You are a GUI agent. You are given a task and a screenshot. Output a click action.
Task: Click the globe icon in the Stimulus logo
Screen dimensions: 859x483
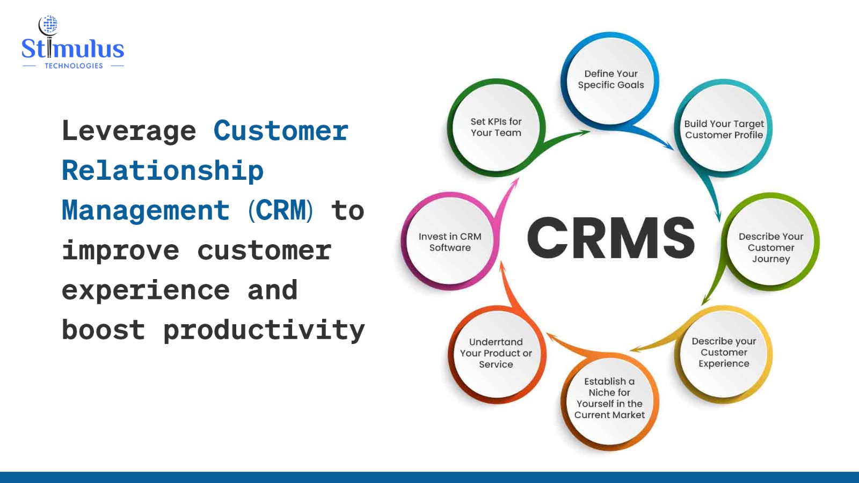tap(49, 24)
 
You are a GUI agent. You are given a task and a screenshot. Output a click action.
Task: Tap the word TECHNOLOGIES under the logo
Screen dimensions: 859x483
tap(74, 66)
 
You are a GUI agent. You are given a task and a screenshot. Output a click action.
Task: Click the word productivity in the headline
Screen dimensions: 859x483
tap(264, 331)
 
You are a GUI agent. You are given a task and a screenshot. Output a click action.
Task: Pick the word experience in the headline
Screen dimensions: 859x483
tap(145, 290)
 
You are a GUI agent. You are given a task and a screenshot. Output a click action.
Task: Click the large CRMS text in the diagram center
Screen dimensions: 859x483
tap(610, 238)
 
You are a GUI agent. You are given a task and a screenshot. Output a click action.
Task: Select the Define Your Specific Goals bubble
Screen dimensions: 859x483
tap(610, 79)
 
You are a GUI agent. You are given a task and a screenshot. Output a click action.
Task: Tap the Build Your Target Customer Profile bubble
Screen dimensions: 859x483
tap(724, 129)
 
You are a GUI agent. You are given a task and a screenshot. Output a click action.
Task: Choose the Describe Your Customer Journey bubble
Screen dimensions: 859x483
tap(770, 242)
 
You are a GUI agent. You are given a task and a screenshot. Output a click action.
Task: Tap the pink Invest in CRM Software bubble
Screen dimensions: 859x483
tap(450, 241)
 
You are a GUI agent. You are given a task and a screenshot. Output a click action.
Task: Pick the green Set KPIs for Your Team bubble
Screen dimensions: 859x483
tap(496, 128)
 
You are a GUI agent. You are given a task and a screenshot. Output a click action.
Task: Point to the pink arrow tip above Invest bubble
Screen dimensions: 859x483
tap(519, 178)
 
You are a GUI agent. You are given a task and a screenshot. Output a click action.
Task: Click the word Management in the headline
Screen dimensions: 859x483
tap(145, 211)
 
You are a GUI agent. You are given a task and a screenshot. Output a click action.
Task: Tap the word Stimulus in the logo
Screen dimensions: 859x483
tap(73, 49)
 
